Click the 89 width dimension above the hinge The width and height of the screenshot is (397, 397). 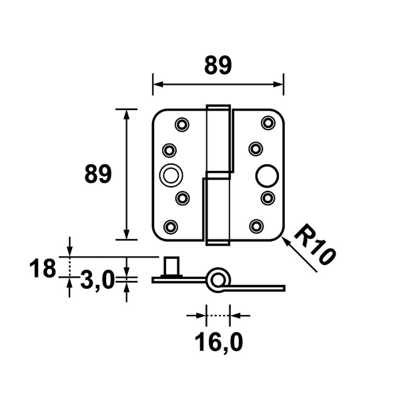(218, 65)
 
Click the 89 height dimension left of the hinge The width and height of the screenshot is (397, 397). (97, 175)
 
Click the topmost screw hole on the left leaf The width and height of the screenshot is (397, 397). (181, 123)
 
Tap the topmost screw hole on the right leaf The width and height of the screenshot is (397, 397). (268, 121)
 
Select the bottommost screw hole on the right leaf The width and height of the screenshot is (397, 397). (258, 225)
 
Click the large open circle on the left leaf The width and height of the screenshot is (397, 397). (171, 175)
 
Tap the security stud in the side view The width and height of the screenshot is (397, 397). (171, 267)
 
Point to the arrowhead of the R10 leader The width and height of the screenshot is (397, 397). (286, 242)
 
